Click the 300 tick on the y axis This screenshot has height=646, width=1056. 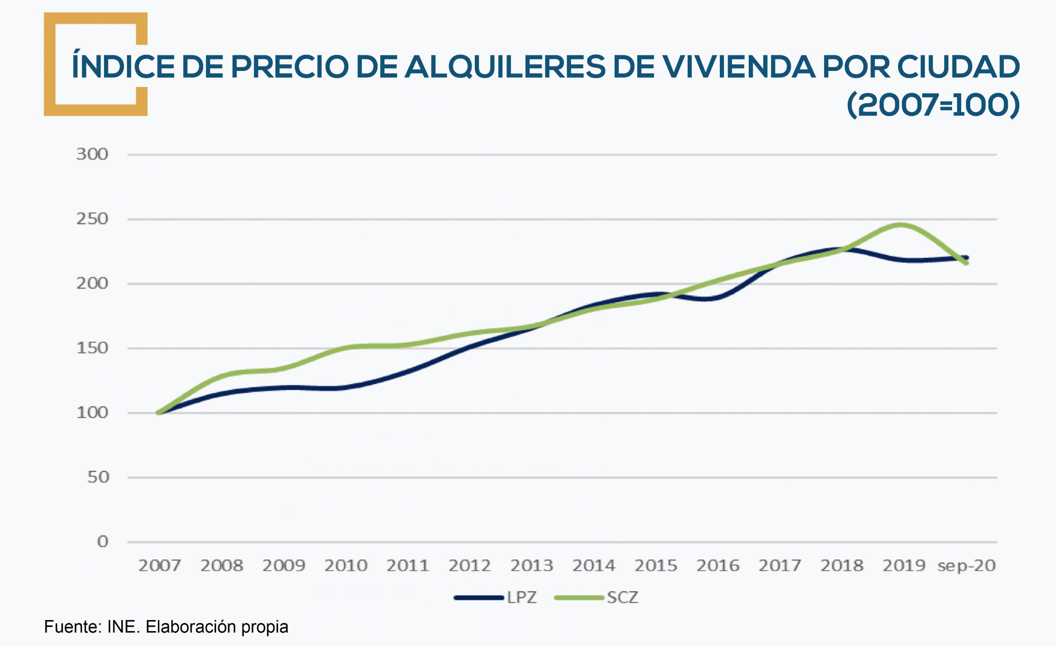[92, 154]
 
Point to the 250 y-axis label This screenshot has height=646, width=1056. [92, 219]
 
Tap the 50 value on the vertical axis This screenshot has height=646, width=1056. [98, 477]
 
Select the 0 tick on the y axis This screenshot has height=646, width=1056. [102, 542]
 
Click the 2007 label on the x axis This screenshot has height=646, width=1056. [159, 566]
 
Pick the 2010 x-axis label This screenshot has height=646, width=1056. [346, 566]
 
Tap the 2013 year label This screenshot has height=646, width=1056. [532, 566]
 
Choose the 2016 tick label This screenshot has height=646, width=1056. [718, 566]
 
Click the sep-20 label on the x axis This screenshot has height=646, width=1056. [966, 566]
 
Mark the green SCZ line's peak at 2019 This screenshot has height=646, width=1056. [901, 225]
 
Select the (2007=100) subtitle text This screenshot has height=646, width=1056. [933, 105]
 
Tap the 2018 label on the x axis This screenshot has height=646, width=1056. [842, 566]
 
